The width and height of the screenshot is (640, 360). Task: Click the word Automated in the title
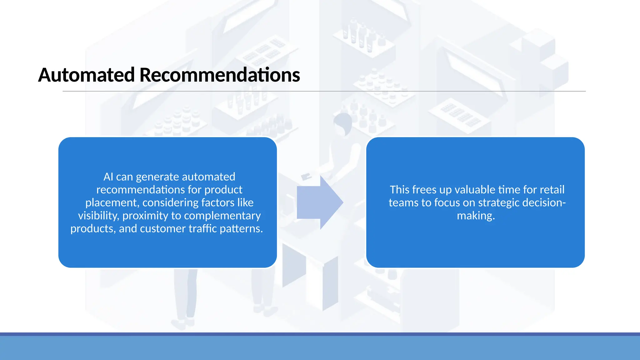tap(86, 75)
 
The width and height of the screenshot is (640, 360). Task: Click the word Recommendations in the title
tap(219, 75)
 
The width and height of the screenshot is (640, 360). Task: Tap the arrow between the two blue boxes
tap(320, 202)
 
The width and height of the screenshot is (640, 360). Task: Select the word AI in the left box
tap(108, 177)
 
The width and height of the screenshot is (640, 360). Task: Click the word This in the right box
tap(399, 190)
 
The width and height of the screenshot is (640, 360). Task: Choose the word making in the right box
tap(475, 216)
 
